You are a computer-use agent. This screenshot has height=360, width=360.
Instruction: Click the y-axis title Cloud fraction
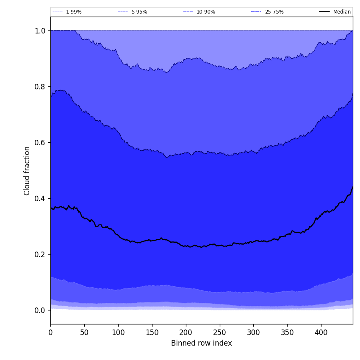point(27,171)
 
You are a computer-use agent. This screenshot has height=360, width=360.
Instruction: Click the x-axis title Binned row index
point(201,343)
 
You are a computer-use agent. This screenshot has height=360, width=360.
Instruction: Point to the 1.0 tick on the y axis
point(40,30)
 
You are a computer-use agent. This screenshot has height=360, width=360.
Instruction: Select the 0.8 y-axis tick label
point(40,86)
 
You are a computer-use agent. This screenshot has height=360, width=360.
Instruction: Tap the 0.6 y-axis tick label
point(40,142)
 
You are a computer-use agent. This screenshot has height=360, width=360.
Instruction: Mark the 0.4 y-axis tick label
point(40,198)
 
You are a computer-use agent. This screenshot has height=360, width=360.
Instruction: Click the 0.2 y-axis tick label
point(40,254)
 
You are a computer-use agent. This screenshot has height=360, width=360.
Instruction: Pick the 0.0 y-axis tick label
point(40,310)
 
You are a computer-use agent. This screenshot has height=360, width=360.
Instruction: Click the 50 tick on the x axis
point(84,332)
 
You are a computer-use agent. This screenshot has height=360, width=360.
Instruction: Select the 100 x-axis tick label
point(118,332)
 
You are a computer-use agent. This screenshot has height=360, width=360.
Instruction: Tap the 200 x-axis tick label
point(186,332)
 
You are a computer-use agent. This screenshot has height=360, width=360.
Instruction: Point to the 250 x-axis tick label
point(219,332)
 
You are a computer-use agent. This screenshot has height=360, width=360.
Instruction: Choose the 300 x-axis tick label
point(253,332)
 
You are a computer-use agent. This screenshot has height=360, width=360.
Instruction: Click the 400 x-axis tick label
point(321,332)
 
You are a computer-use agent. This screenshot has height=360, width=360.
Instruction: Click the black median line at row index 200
point(186,246)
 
